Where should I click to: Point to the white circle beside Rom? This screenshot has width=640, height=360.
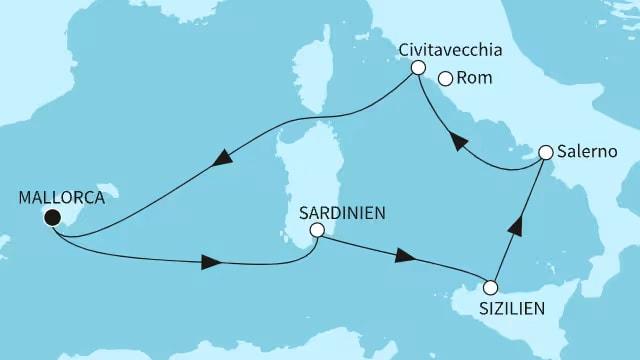coord(445,78)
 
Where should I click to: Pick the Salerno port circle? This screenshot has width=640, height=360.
coord(545,153)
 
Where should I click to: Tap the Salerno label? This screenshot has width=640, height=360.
coord(588,153)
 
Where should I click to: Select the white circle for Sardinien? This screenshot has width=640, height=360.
coord(316,230)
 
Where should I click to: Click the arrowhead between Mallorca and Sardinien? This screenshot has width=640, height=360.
coord(210,263)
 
